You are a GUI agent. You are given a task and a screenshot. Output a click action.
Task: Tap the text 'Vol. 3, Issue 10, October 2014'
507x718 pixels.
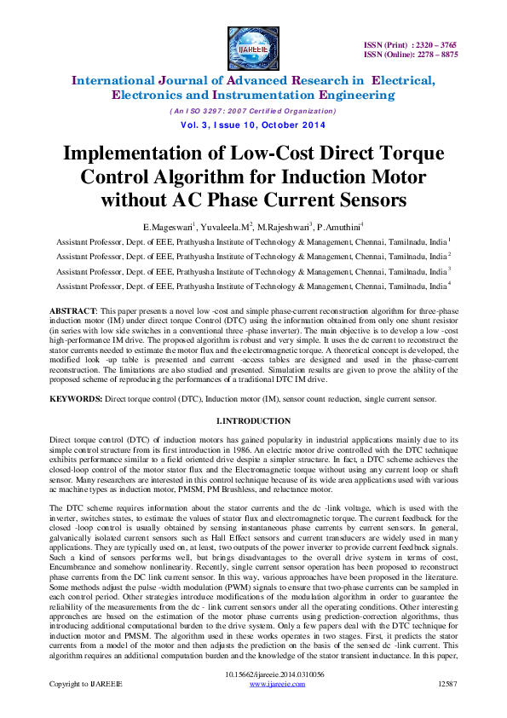(x=253, y=125)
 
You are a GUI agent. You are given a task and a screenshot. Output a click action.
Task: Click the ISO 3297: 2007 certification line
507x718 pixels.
(x=253, y=111)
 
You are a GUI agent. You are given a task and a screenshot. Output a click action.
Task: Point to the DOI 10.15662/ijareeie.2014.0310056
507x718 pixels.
(x=253, y=698)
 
